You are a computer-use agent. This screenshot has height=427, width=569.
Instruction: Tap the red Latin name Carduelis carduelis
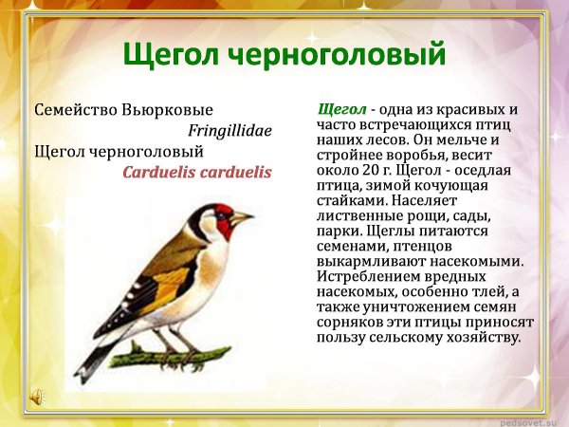coord(197,173)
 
